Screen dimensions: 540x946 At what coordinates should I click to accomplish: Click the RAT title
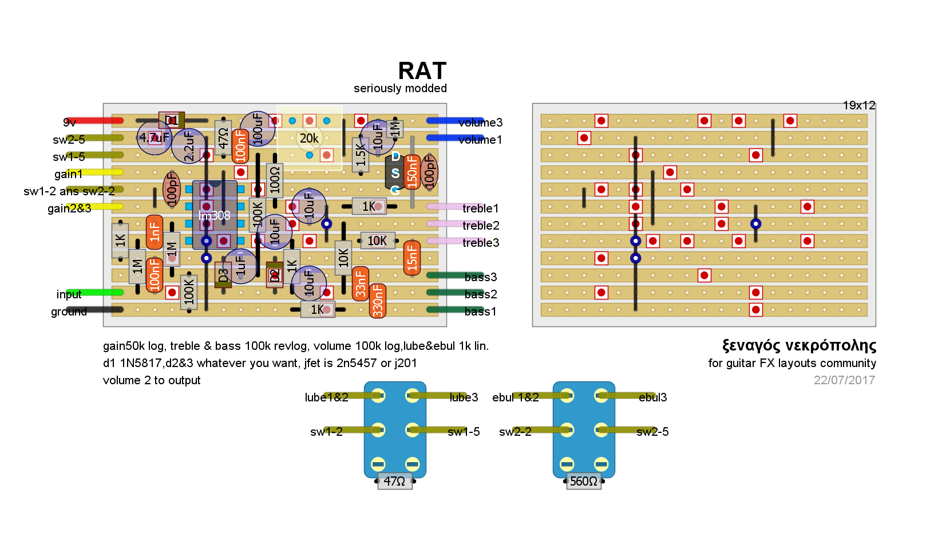pyautogui.click(x=422, y=71)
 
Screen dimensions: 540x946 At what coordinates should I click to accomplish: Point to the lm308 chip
pyautogui.click(x=215, y=215)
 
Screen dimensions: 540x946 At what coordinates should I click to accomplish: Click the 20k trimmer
pyautogui.click(x=309, y=138)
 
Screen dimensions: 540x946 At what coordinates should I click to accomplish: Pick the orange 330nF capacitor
pyautogui.click(x=378, y=301)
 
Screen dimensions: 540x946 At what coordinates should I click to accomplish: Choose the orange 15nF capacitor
pyautogui.click(x=411, y=258)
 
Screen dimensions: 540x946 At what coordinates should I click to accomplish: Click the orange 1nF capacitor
pyautogui.click(x=155, y=232)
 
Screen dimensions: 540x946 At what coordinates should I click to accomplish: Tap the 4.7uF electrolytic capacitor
pyautogui.click(x=154, y=137)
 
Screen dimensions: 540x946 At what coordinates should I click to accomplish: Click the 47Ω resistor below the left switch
pyautogui.click(x=395, y=482)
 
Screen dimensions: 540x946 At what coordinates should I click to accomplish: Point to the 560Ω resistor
pyautogui.click(x=584, y=482)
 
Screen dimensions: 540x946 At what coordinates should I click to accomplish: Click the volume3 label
pyautogui.click(x=480, y=123)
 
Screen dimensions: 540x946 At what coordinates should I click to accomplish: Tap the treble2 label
pyautogui.click(x=481, y=226)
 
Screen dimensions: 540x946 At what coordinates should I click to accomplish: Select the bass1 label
pyautogui.click(x=481, y=312)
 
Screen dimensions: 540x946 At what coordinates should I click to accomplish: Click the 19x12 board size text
pyautogui.click(x=858, y=105)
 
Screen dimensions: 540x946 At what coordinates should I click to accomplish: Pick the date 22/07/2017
pyautogui.click(x=844, y=380)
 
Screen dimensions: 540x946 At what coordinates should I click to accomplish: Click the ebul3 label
pyautogui.click(x=652, y=397)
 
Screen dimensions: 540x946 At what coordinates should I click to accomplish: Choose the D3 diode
pyautogui.click(x=223, y=275)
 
